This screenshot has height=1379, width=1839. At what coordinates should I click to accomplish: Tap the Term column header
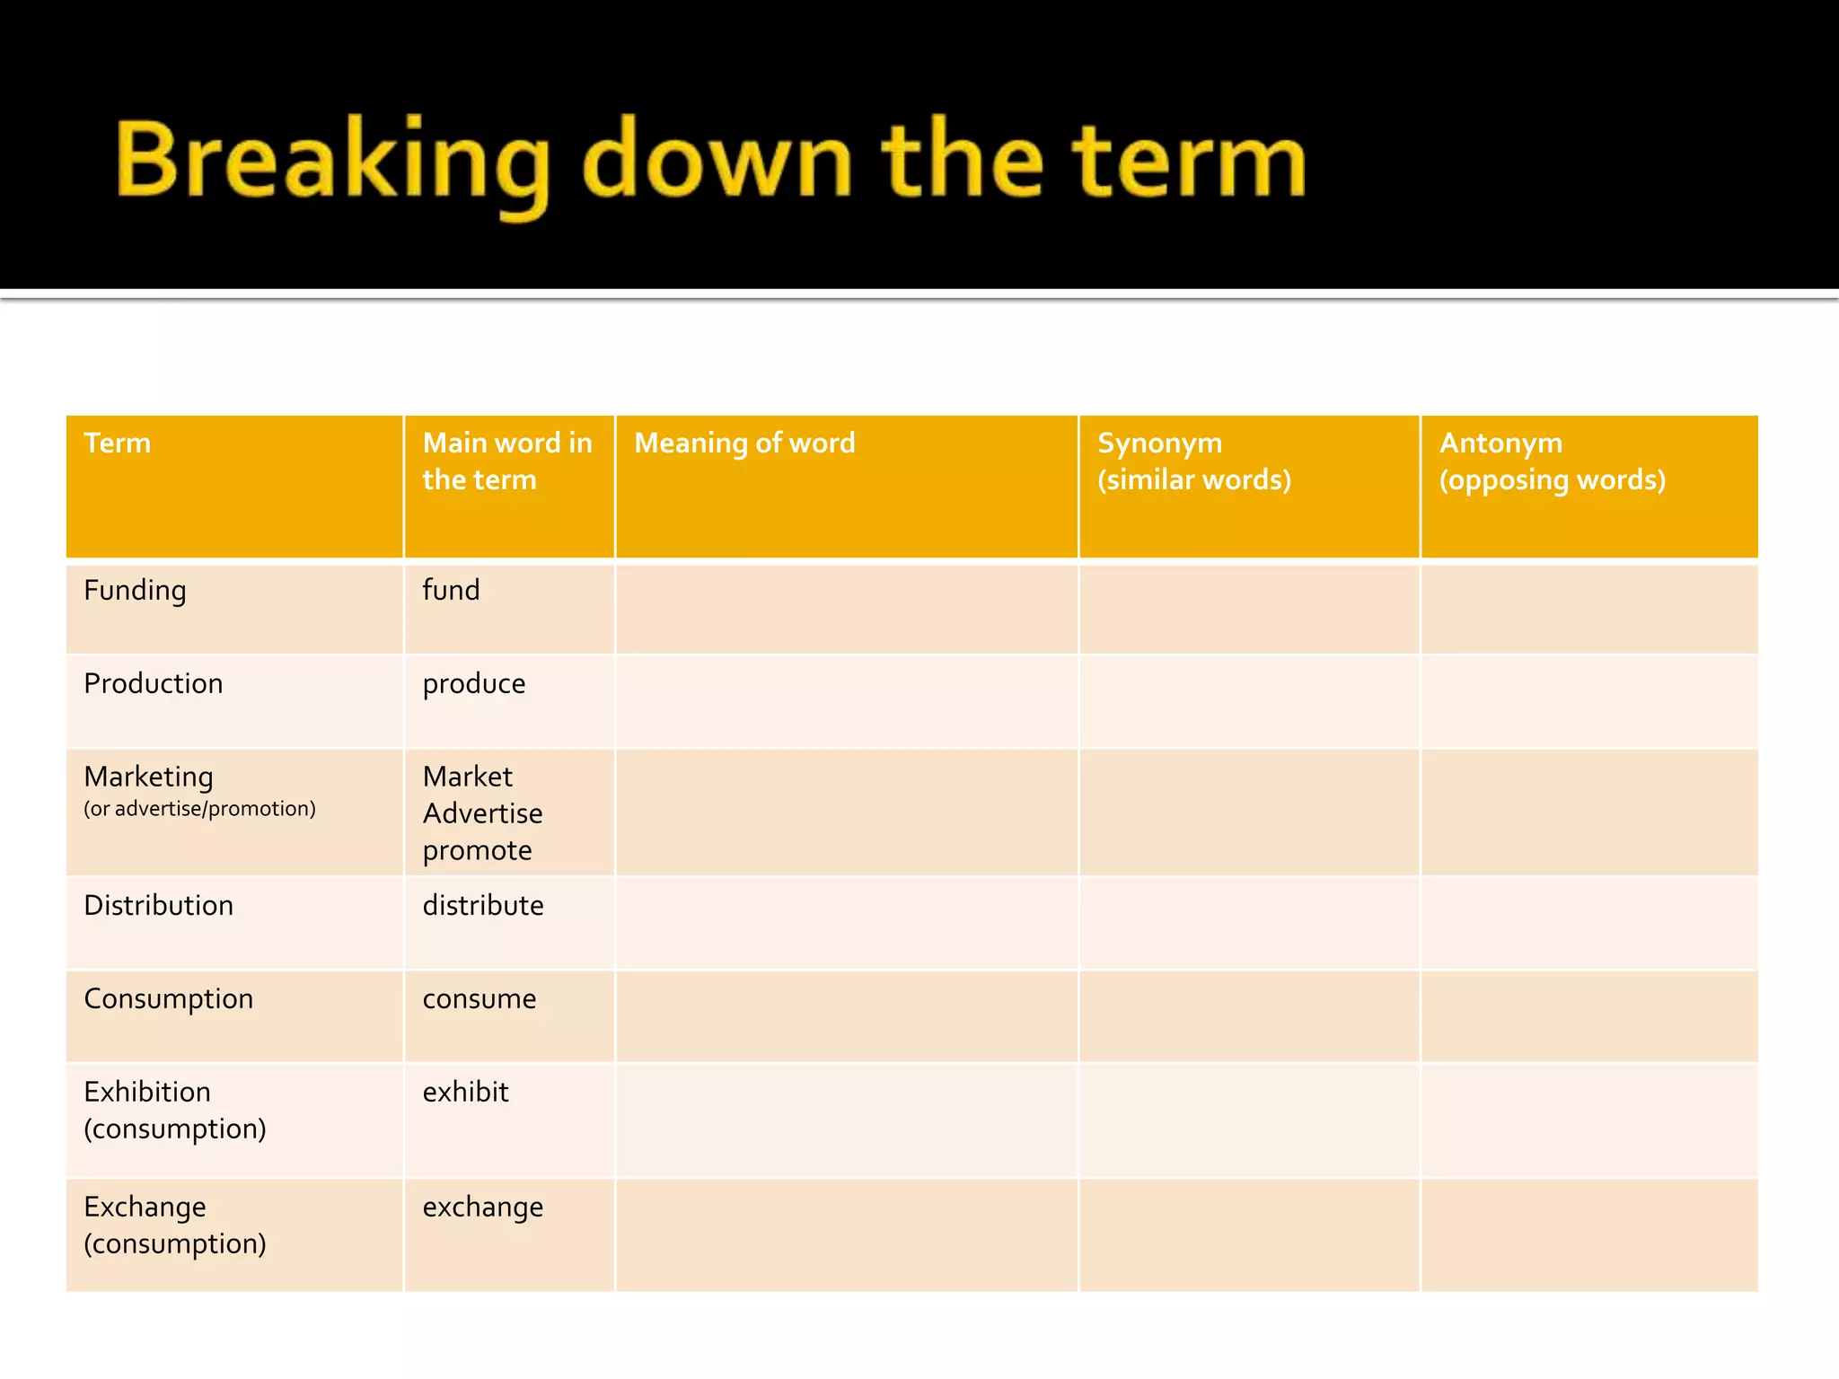[x=118, y=444]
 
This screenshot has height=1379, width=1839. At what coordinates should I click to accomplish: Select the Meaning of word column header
[x=744, y=444]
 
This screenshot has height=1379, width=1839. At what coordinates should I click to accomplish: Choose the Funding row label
[x=135, y=591]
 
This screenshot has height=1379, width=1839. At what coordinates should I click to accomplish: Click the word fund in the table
[x=451, y=591]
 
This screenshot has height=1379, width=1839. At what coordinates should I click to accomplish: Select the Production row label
[x=154, y=684]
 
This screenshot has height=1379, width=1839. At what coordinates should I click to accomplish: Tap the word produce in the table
[x=474, y=684]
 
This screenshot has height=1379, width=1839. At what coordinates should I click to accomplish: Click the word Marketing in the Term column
[x=149, y=777]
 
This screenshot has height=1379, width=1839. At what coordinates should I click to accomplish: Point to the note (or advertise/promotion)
[x=199, y=809]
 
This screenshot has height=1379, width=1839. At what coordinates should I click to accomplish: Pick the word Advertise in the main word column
[x=483, y=813]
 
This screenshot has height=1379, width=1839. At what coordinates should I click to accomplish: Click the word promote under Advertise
[x=478, y=850]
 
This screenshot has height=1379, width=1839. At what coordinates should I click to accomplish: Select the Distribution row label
[x=159, y=906]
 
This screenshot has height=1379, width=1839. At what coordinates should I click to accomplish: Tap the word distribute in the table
[x=483, y=906]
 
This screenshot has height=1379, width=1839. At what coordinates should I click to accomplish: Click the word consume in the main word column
[x=480, y=999]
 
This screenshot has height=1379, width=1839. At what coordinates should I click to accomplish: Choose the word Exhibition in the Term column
[x=147, y=1093]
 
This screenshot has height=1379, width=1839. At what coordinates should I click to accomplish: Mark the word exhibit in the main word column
[x=466, y=1093]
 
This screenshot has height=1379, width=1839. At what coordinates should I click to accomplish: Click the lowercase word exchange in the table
[x=483, y=1208]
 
